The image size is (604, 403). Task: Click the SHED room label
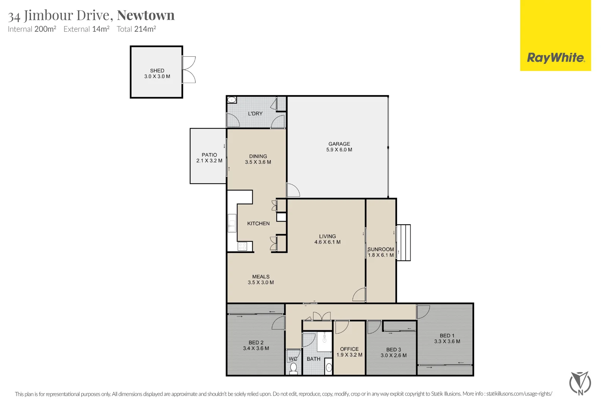click(x=157, y=71)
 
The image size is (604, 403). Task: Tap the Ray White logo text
click(x=556, y=58)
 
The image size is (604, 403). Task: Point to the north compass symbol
click(x=580, y=383)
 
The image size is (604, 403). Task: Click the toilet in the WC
click(x=293, y=368)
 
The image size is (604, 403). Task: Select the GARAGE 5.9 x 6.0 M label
click(x=339, y=147)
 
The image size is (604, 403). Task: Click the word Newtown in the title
click(x=146, y=15)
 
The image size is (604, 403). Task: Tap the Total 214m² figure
click(x=136, y=29)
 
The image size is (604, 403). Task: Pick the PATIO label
click(x=209, y=155)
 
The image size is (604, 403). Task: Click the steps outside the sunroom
click(x=403, y=243)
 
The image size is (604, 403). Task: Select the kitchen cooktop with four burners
click(x=242, y=246)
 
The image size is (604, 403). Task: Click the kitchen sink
click(x=232, y=223)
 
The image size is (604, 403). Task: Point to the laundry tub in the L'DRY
click(x=232, y=100)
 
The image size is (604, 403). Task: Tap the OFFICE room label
click(x=349, y=349)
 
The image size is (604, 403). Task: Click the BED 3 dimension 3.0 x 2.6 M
click(x=393, y=356)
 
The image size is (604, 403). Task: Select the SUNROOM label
click(x=380, y=249)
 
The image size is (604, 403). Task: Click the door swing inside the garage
click(x=293, y=190)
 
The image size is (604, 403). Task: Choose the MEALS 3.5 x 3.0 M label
click(x=261, y=279)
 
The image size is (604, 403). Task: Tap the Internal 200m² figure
click(x=32, y=29)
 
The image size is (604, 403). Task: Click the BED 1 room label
click(x=447, y=335)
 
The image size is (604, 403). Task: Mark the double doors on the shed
click(x=189, y=70)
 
